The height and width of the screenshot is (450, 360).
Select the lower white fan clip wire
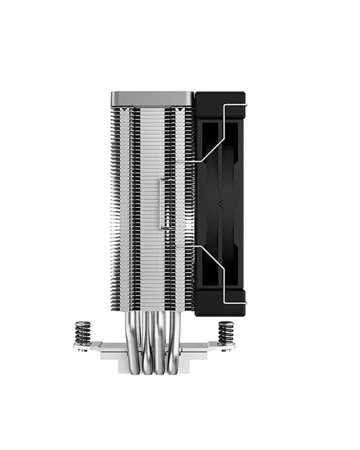pos(223,276)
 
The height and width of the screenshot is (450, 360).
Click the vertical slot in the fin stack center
pos(163,203)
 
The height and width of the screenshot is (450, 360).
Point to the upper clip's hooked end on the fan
pos(243,105)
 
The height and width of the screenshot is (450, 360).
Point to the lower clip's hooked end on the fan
pos(243,302)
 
